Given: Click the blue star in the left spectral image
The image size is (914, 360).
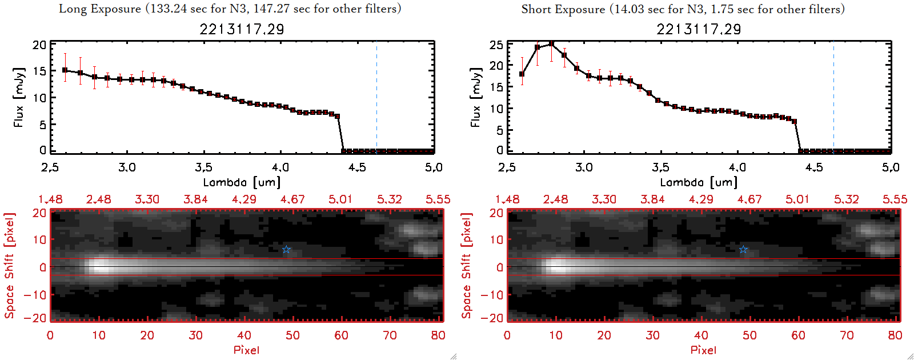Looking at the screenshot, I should [286, 250].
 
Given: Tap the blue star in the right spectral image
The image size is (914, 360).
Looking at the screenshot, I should [743, 250].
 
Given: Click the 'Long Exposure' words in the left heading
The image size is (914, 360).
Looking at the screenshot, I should [100, 9].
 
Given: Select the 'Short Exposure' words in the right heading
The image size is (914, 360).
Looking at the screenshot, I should [563, 9].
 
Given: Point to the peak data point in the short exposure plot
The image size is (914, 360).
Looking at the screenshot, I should [551, 43].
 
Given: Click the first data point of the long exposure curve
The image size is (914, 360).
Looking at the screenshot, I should [65, 70].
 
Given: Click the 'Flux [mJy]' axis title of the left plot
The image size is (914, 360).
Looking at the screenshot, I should [19, 98].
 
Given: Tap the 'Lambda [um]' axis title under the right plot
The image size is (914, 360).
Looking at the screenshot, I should [699, 182].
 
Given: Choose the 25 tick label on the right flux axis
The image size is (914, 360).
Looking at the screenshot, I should [496, 45].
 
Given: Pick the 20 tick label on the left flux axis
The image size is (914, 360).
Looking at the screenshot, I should [39, 45].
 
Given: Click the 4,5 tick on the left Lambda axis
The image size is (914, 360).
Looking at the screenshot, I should [357, 167].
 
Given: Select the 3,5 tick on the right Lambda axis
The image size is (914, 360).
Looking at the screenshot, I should [660, 167].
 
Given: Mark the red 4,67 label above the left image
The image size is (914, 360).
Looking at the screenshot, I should [292, 199].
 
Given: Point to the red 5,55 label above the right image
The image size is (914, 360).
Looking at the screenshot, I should [895, 199].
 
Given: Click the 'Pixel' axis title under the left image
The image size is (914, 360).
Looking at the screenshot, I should [246, 350].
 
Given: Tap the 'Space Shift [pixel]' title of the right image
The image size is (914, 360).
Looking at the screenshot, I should [467, 266].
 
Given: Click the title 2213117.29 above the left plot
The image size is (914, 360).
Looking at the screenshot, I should [242, 29].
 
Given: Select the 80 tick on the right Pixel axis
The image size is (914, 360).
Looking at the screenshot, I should [895, 335].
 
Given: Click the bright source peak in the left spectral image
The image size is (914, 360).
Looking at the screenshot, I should [100, 266].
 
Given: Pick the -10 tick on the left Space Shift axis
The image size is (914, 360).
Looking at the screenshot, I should [35, 294].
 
